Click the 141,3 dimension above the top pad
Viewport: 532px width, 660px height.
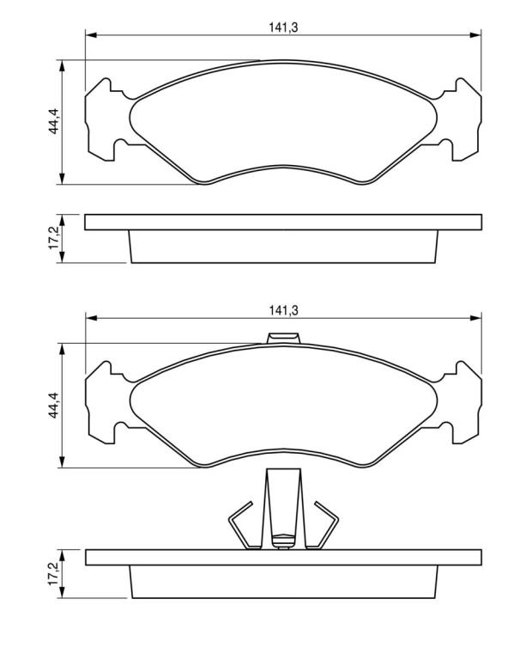(283, 27)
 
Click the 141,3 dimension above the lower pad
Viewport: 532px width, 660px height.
(283, 310)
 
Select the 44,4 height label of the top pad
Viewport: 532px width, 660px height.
(54, 121)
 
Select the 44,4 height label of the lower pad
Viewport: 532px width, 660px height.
(54, 405)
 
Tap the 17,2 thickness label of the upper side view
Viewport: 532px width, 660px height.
(54, 239)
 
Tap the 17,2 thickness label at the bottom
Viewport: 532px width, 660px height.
(54, 573)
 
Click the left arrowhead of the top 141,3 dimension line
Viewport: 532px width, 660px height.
(91, 35)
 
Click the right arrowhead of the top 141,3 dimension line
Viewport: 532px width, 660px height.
(475, 35)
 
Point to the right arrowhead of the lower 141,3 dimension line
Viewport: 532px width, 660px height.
(475, 318)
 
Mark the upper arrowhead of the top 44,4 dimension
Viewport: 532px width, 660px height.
(62, 66)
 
